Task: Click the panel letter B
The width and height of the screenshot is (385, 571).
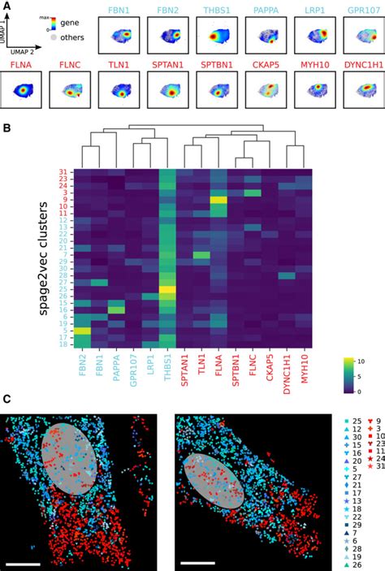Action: coord(7,128)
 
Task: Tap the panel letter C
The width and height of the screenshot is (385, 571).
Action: coord(7,400)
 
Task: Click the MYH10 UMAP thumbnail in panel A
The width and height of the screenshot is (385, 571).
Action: coord(314,90)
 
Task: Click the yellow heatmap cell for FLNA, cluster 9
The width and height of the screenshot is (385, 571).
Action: coord(218,200)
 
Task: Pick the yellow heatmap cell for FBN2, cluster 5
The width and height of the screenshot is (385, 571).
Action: coord(83,331)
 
